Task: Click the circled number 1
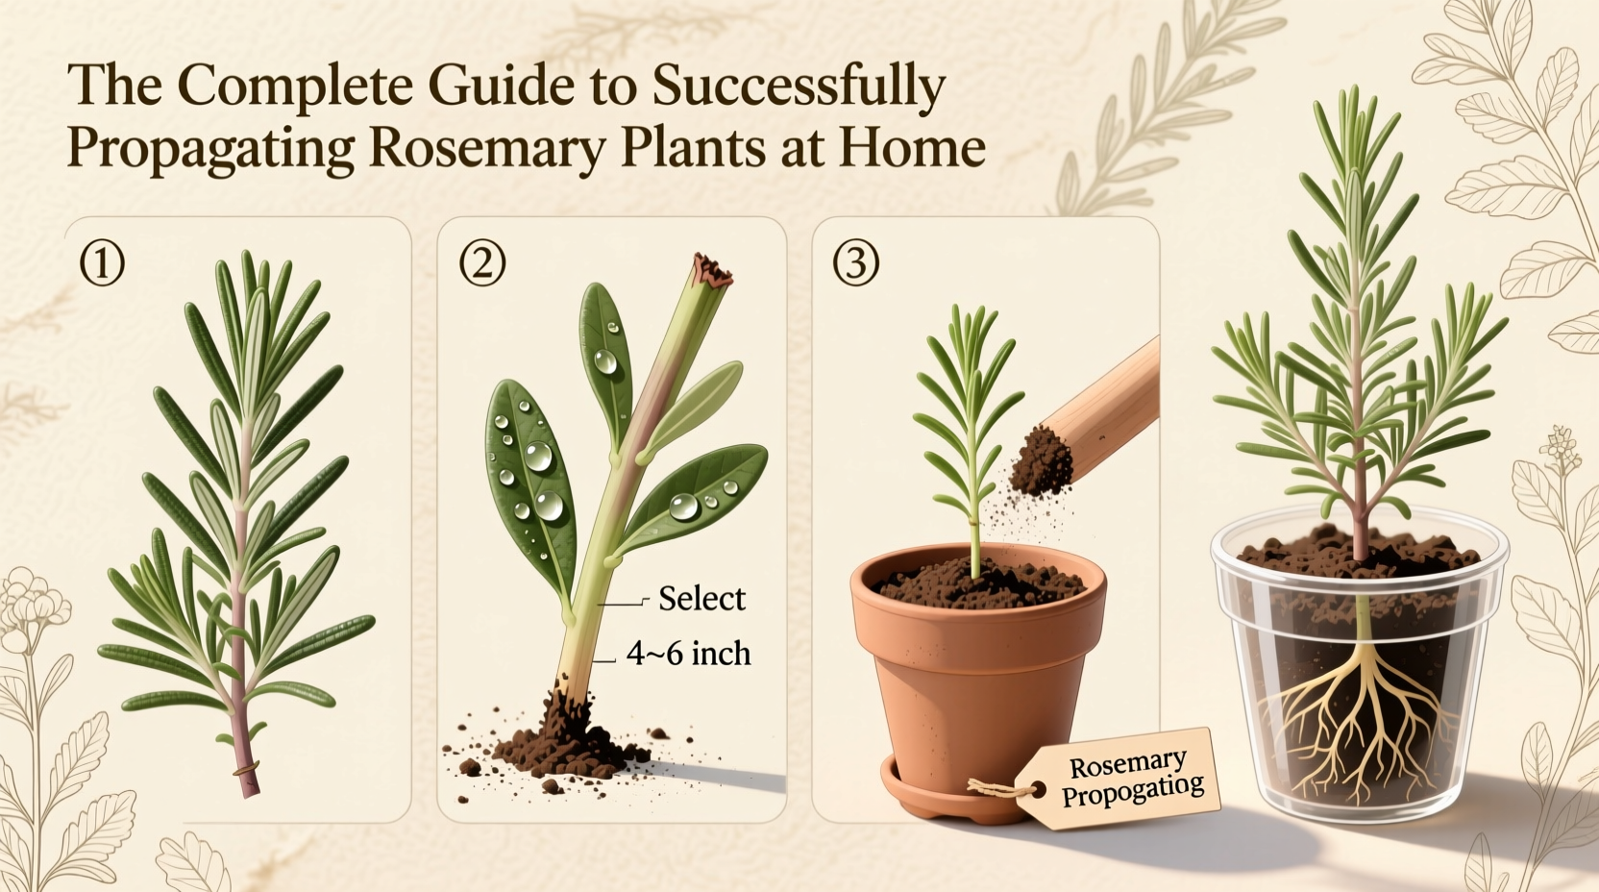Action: [x=102, y=264]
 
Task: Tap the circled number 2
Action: [x=482, y=264]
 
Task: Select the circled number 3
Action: [x=855, y=264]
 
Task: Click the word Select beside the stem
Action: [x=701, y=600]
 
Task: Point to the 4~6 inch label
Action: [x=688, y=655]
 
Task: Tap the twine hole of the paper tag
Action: [x=1038, y=790]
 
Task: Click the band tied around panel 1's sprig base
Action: [x=246, y=769]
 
